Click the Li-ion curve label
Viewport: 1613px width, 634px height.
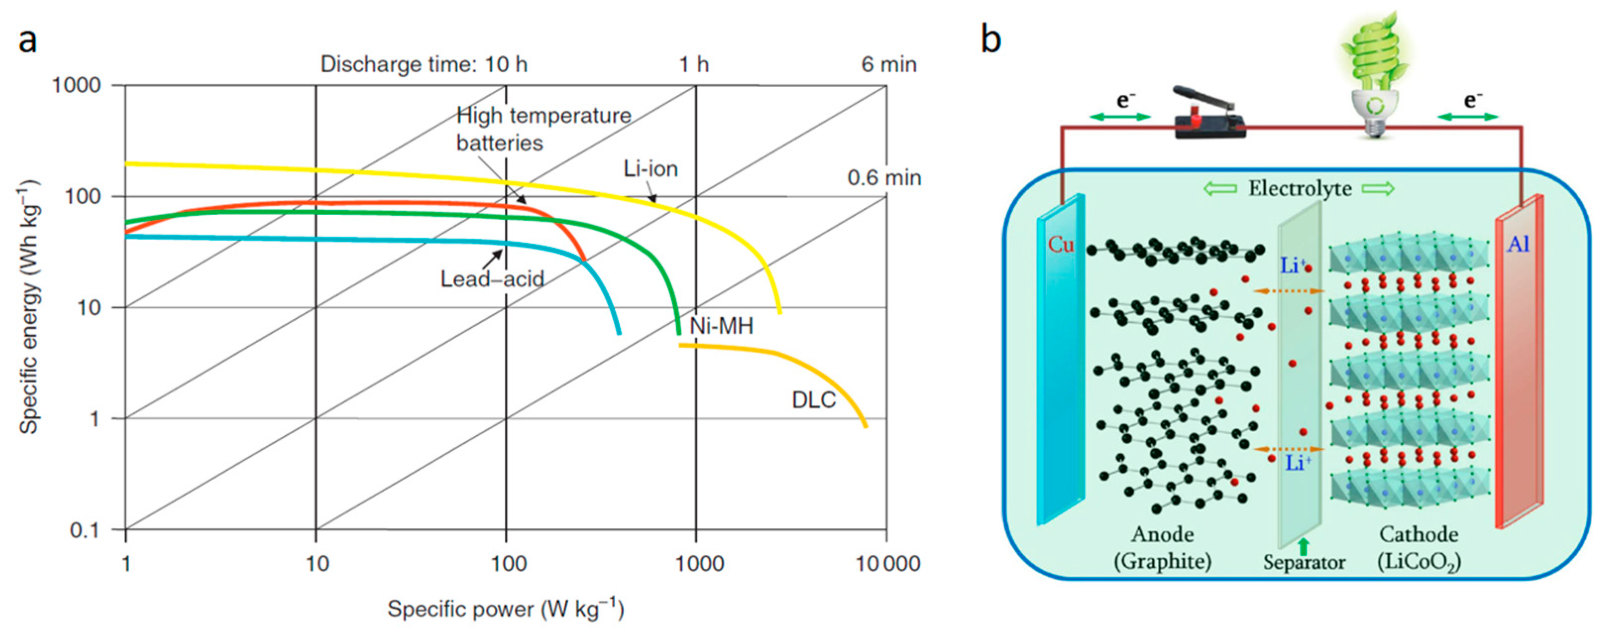pos(650,169)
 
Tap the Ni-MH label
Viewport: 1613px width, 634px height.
pos(721,326)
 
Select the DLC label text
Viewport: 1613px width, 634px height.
pos(813,400)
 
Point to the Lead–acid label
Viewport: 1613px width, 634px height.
pos(492,279)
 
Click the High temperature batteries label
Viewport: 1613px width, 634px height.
pos(543,129)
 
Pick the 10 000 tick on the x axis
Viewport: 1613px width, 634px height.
pos(888,564)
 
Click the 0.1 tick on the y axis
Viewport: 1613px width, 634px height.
pos(85,530)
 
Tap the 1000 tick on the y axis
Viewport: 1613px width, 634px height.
pos(76,85)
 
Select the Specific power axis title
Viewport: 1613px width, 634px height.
pos(505,609)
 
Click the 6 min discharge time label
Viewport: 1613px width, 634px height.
pos(889,64)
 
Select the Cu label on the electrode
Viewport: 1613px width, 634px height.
pos(1061,244)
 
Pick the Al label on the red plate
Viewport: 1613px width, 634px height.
pos(1518,244)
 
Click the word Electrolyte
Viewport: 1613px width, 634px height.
pos(1300,188)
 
